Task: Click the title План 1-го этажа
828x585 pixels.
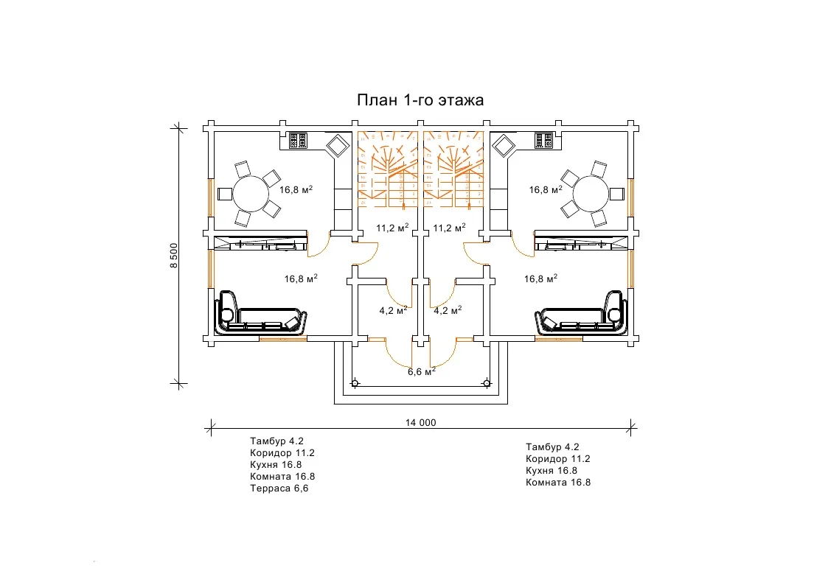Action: (420, 100)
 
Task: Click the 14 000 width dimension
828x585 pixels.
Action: (420, 423)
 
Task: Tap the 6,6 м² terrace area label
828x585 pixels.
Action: (422, 371)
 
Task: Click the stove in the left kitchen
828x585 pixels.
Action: (298, 141)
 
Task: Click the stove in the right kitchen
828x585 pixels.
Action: (544, 141)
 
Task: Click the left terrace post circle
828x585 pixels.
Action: (355, 383)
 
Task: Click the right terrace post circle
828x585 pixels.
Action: (487, 383)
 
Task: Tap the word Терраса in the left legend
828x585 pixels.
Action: (268, 488)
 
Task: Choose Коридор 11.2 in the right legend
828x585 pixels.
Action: (557, 458)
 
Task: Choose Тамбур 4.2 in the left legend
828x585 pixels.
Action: (277, 441)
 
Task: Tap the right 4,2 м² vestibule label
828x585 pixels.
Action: (448, 310)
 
